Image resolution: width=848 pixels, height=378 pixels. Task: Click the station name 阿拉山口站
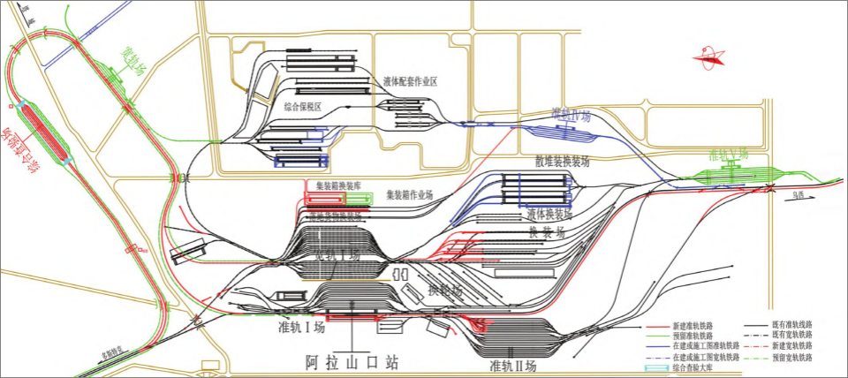click(352, 362)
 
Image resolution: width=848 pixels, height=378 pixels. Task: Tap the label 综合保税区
click(303, 105)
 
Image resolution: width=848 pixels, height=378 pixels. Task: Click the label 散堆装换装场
click(562, 162)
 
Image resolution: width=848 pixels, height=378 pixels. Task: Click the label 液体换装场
click(549, 214)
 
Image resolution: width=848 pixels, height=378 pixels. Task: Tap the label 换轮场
click(445, 290)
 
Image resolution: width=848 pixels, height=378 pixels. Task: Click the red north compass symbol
click(708, 60)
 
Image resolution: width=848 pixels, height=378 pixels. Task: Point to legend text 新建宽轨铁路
click(791, 346)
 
